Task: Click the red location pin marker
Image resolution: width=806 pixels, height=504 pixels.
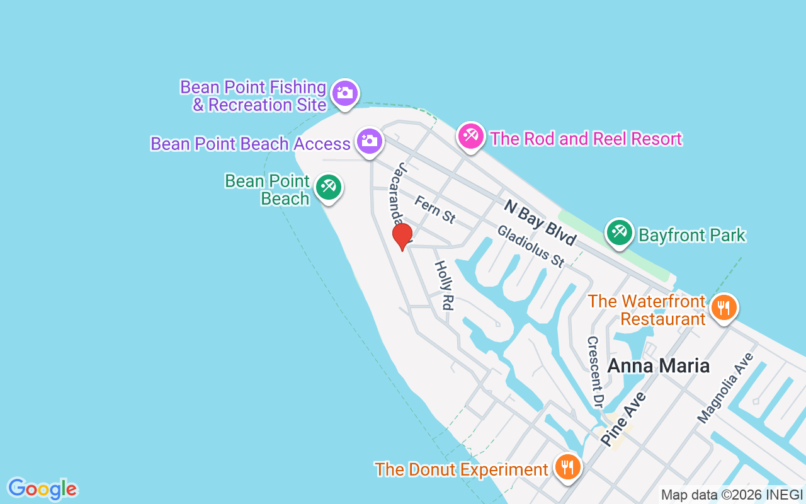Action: (x=402, y=236)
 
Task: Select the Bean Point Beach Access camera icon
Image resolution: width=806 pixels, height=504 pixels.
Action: (x=370, y=141)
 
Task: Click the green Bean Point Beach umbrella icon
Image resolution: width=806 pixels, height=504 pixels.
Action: (x=328, y=187)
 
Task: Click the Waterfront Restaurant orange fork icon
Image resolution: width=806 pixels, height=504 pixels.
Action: (x=724, y=308)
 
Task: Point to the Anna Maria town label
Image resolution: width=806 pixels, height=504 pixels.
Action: (x=658, y=365)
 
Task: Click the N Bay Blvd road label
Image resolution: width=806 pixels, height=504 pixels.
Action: (x=540, y=222)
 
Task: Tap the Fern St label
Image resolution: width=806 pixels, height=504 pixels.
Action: (x=434, y=209)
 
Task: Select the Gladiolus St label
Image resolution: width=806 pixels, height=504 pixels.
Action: (x=531, y=246)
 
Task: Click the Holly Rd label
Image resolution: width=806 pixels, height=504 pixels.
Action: (x=444, y=285)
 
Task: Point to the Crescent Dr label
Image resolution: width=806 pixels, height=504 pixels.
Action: (x=595, y=371)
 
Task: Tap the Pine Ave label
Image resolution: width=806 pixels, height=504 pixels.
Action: (x=623, y=418)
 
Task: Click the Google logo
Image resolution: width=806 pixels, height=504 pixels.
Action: (x=43, y=489)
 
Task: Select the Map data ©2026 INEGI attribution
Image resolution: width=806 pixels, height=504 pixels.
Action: (x=732, y=495)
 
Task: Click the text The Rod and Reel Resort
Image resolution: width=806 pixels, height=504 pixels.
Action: (x=586, y=139)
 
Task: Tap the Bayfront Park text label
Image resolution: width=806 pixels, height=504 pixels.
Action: (x=692, y=236)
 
